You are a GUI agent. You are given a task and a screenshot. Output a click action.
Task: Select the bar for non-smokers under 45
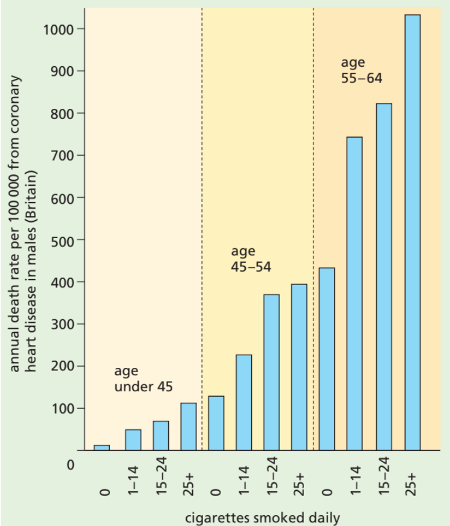(102, 448)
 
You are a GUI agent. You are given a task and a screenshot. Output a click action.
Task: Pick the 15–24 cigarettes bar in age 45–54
(272, 372)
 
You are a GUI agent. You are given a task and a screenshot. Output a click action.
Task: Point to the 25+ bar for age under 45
(188, 426)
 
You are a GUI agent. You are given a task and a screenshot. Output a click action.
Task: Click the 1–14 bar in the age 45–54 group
(244, 402)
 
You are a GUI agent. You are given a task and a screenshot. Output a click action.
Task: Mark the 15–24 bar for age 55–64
(383, 277)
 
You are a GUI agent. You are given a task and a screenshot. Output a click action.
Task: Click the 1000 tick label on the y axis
(58, 29)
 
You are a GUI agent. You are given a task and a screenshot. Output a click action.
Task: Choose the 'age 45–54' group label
(251, 258)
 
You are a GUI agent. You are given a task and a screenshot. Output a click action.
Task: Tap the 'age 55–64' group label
(362, 70)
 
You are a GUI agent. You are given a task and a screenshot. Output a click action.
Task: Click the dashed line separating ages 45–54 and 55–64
(314, 228)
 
